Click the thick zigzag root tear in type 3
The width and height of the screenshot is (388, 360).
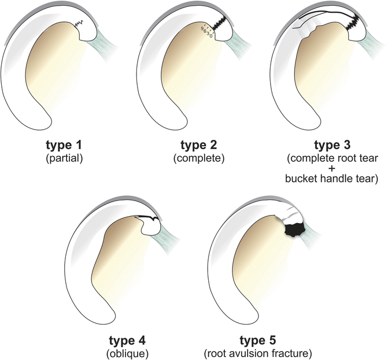[x=353, y=25]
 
